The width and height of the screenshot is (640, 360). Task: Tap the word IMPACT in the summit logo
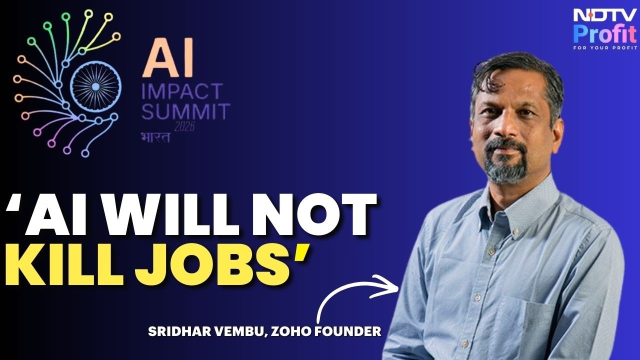coord(182,91)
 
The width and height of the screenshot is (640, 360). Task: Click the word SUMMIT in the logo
coord(186,111)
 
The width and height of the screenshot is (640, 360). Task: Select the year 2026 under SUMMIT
coord(184,126)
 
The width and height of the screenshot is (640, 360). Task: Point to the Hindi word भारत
coord(155,137)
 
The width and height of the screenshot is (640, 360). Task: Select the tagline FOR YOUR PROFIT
coord(605,47)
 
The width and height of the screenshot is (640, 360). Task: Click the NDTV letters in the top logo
coord(605,16)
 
